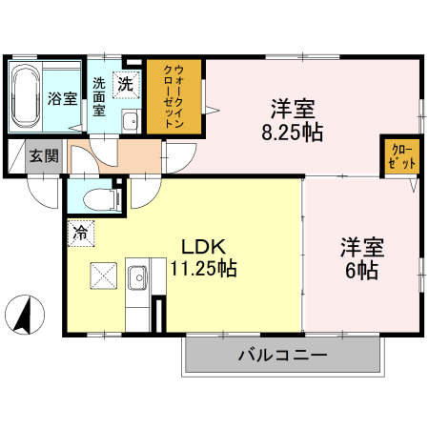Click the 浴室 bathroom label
point(64,98)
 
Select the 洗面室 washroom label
point(99,96)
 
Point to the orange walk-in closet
point(174,98)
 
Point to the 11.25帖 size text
point(202,269)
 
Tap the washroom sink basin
point(129,120)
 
